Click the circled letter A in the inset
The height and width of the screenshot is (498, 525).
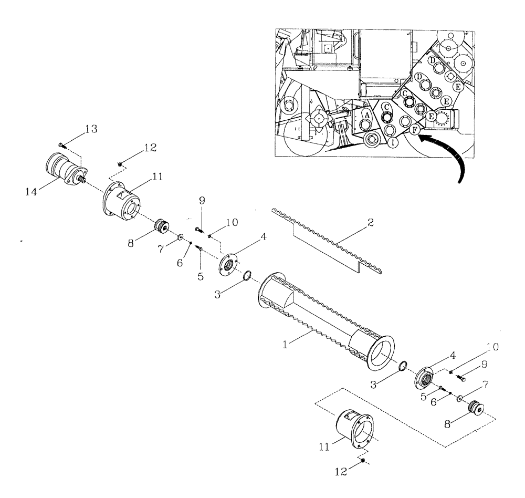[x=368, y=114]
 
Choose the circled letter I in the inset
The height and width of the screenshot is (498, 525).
[x=393, y=142]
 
